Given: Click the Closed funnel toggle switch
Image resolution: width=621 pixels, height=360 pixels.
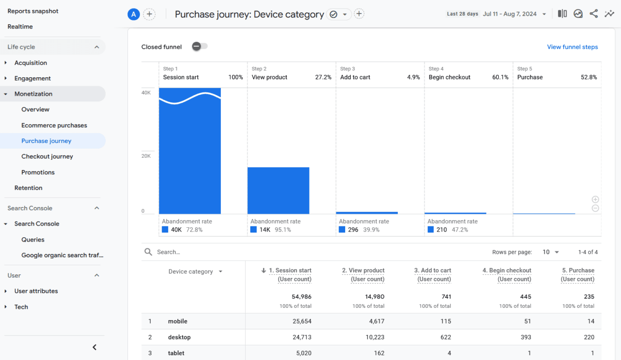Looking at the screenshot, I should [200, 46].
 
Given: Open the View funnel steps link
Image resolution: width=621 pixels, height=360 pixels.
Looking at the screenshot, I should [572, 47].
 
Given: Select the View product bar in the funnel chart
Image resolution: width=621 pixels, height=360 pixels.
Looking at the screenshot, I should [278, 190].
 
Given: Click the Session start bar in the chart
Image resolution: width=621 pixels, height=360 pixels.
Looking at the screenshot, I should [190, 156].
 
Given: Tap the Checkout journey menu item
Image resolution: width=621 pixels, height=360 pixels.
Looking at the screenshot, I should [47, 156].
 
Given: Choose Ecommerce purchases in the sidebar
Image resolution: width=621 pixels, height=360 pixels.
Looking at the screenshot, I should [54, 126].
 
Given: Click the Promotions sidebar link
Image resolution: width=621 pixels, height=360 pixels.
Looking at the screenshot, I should [38, 172].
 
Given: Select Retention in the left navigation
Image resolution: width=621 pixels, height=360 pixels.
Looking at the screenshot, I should [28, 188].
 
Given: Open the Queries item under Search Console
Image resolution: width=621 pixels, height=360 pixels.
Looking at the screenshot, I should [33, 240].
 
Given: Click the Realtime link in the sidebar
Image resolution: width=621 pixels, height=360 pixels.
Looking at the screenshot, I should [20, 27].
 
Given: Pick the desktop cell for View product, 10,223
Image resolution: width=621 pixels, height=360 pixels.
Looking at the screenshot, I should [371, 337].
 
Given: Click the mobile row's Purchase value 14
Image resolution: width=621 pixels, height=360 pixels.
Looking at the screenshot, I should [590, 321].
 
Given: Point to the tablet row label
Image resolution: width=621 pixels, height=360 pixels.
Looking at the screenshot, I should [176, 353].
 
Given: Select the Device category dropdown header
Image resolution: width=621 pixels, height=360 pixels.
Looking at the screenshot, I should [195, 272].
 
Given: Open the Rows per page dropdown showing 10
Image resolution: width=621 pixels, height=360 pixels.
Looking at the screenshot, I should [551, 252].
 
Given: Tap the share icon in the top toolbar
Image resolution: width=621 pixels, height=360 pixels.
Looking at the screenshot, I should [594, 14].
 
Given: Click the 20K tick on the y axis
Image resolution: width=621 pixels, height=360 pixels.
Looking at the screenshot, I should [146, 156].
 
